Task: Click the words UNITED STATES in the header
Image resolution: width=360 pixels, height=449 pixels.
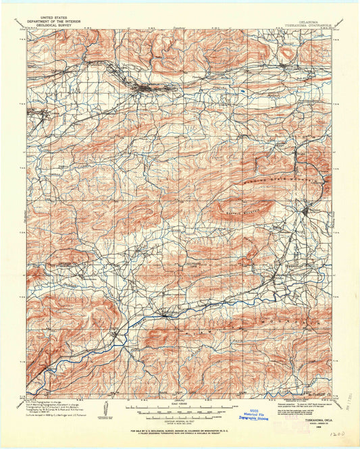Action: [x=55, y=16]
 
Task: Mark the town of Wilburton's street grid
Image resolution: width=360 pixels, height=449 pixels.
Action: [x=150, y=86]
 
